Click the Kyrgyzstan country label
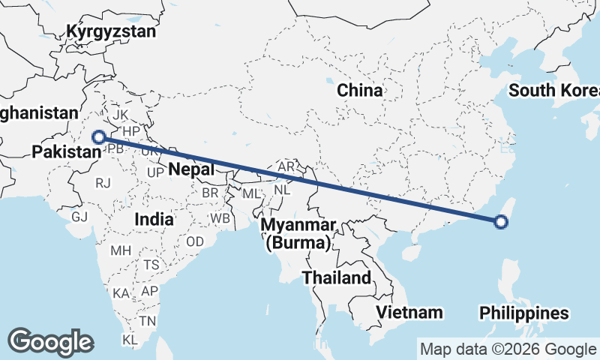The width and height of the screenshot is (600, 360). click(111, 31)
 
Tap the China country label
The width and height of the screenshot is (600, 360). click(359, 91)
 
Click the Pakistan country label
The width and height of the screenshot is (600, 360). click(67, 152)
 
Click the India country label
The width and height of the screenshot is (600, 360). click(154, 220)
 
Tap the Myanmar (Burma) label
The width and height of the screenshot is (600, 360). click(296, 234)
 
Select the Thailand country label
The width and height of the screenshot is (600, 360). click(337, 277)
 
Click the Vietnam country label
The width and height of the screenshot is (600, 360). click(409, 311)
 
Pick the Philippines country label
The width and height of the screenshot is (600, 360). click(524, 313)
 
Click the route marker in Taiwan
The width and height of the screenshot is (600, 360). click(502, 221)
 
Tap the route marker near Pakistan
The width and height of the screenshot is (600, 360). click(97, 137)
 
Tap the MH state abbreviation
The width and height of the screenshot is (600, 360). click(121, 250)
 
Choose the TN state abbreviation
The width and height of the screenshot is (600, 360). click(147, 321)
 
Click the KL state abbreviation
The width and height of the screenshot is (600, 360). click(130, 340)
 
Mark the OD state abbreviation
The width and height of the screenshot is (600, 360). click(195, 241)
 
